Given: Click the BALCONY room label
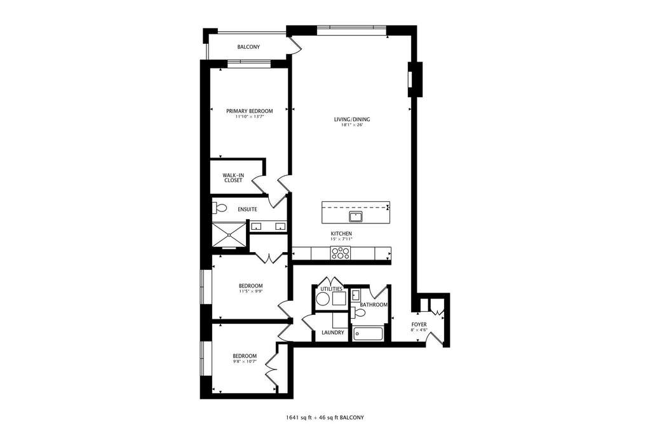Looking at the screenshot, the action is tap(248, 47).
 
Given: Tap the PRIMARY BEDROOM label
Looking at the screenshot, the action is tap(250, 111).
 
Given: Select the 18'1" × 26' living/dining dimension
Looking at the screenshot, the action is tap(352, 124).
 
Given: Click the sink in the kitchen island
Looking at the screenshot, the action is tap(355, 216).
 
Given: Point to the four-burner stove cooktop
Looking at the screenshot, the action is tap(341, 253).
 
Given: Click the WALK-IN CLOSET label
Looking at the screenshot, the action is tap(233, 178).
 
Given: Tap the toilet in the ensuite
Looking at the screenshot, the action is tap(219, 208).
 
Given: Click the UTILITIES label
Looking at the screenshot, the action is tap(331, 289).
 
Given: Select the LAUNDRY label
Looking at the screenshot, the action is tap(333, 332).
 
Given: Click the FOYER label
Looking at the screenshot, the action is tap(419, 324).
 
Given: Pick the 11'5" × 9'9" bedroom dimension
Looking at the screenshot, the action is tap(251, 291).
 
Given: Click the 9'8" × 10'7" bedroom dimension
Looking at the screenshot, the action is tap(245, 361).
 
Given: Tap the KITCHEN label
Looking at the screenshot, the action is tap(341, 234).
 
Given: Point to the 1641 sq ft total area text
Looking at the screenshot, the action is tap(299, 418).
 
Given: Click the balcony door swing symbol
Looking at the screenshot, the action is tap(296, 45).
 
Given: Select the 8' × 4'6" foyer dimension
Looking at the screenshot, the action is tap(419, 330).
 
